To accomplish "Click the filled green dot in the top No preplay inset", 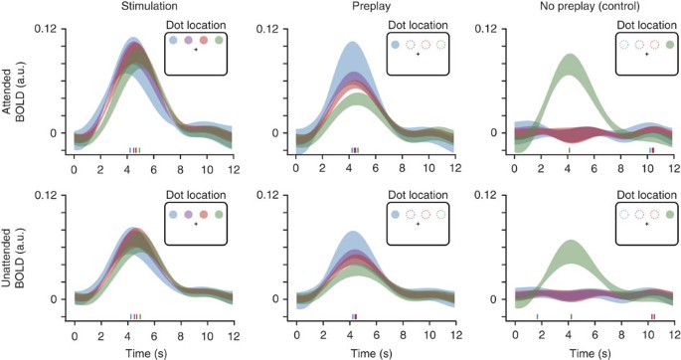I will coord(668,45).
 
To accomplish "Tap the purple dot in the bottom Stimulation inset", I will coord(189,212).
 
